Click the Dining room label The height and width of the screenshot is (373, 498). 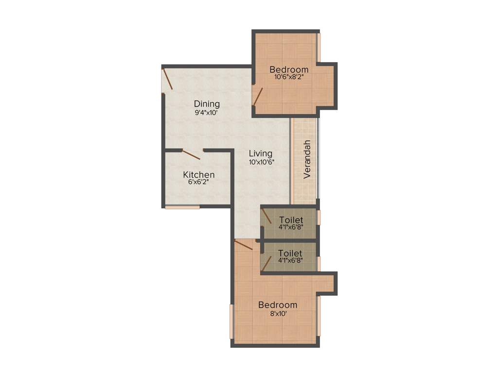pos(207,104)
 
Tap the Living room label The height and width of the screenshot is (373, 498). pos(260,154)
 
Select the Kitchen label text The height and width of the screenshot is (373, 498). pos(199,175)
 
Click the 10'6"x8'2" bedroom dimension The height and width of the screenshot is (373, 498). pos(289,77)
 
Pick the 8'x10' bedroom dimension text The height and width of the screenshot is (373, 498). pos(277,313)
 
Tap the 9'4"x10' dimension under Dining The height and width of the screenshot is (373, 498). pos(207,112)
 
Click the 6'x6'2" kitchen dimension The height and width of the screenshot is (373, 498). pos(199,183)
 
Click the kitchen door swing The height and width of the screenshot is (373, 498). pos(191,154)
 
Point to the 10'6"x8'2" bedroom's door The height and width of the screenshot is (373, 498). pos(257,96)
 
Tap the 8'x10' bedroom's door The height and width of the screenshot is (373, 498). pos(243,244)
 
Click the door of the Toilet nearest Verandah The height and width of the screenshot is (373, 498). pos(266,215)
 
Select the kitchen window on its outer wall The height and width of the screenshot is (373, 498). pos(182,207)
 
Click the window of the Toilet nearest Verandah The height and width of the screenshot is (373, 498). pos(319,217)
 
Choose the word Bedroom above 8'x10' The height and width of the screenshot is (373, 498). pos(277,305)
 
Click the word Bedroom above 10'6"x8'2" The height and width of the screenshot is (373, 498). pos(289,69)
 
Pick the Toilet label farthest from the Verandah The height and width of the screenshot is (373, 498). pos(290,253)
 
